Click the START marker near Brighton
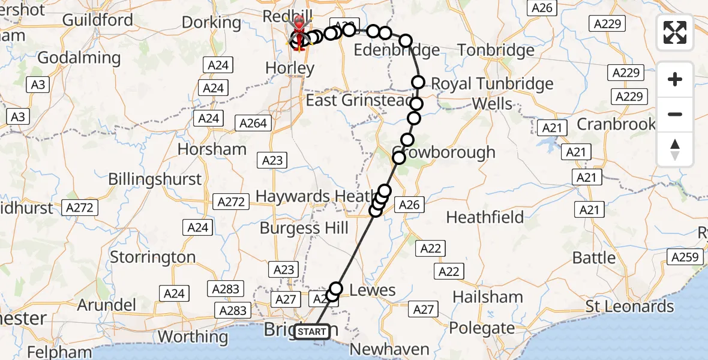pyautogui.click(x=312, y=332)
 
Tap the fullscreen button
pyautogui.click(x=675, y=32)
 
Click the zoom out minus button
pyautogui.click(x=675, y=114)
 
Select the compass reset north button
pyautogui.click(x=675, y=149)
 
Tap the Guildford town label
pyautogui.click(x=97, y=20)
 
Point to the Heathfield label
pyautogui.click(x=485, y=217)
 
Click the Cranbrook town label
pyautogui.click(x=616, y=124)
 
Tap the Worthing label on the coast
pyautogui.click(x=193, y=337)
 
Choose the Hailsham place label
pyautogui.click(x=488, y=297)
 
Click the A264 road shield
pyautogui.click(x=254, y=124)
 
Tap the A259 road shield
pyautogui.click(x=685, y=257)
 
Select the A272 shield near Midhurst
pyautogui.click(x=80, y=208)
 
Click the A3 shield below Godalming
pyautogui.click(x=37, y=85)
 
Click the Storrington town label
pyautogui.click(x=152, y=257)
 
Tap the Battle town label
pyautogui.click(x=594, y=258)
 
